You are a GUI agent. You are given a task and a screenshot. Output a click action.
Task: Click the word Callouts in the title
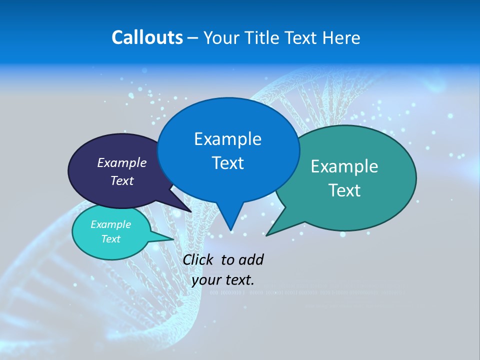coord(147,37)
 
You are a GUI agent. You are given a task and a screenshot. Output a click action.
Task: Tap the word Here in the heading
coord(341,37)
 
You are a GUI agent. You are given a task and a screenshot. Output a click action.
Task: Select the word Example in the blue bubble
coord(227,139)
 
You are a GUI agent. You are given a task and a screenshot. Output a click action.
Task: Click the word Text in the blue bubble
coord(227,163)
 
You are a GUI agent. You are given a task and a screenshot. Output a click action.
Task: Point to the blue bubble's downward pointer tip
coord(230,229)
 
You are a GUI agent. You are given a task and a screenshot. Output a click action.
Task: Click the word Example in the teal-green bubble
coord(344,166)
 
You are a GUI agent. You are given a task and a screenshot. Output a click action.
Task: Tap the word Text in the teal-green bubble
coord(344,190)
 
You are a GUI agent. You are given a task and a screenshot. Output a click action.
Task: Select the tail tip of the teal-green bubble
coord(267,234)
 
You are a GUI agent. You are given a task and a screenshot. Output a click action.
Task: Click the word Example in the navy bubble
coord(121,162)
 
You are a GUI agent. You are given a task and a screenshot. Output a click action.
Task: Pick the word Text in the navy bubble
coord(121,180)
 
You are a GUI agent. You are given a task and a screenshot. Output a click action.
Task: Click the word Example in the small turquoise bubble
coord(110,224)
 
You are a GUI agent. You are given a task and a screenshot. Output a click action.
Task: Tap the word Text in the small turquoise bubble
coord(110,239)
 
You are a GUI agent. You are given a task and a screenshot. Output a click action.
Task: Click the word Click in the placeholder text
coord(199,259)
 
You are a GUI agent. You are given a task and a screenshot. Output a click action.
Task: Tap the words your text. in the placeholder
coord(223,279)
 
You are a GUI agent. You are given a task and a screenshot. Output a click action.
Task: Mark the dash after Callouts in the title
coord(193,38)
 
